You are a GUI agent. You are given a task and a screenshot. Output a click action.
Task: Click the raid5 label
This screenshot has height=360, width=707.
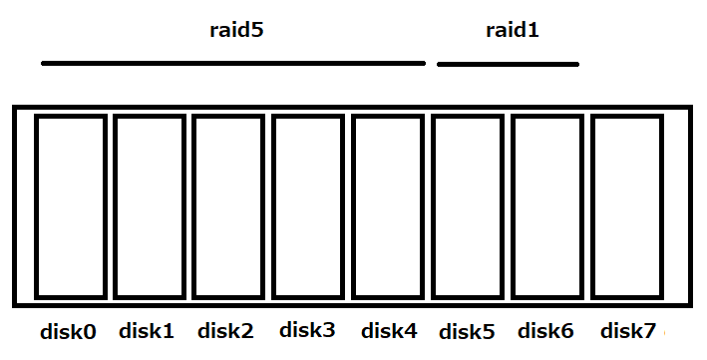[x=235, y=30]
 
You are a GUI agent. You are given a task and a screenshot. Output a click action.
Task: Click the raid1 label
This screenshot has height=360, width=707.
[x=512, y=30]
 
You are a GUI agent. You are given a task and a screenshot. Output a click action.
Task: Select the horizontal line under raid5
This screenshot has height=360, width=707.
[x=233, y=64]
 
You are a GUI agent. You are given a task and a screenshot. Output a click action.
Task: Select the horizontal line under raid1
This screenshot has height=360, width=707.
[x=508, y=65]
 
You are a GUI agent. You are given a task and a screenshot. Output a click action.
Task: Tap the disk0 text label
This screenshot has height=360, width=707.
[x=69, y=331]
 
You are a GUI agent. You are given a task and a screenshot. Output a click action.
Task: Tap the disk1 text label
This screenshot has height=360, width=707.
[x=148, y=330]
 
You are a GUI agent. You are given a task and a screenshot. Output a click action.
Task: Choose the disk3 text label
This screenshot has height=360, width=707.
[x=307, y=329]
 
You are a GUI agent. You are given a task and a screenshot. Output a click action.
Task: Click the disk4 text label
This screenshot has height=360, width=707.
[x=389, y=330]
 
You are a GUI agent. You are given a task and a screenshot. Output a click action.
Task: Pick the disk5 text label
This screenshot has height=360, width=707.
[x=467, y=331]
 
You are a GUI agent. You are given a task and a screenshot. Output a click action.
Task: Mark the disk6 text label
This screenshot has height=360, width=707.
[x=546, y=330]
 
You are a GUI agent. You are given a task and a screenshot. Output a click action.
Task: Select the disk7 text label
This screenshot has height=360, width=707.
[x=628, y=330]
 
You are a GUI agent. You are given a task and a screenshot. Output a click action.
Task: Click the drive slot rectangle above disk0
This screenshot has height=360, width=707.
[x=71, y=206]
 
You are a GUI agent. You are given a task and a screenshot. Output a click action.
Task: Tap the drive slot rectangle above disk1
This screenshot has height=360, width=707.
[x=150, y=206]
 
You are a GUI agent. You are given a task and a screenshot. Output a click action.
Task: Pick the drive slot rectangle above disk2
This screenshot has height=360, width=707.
[x=228, y=206]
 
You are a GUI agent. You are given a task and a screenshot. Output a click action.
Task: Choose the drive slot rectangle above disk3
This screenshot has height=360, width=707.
[x=308, y=206]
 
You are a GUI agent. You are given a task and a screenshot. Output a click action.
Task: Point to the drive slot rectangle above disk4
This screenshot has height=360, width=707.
[x=388, y=206]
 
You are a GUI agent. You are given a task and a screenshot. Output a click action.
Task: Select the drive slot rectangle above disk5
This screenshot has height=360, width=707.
[x=468, y=206]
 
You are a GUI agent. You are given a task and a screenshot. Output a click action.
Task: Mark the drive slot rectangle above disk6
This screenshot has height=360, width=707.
[x=547, y=206]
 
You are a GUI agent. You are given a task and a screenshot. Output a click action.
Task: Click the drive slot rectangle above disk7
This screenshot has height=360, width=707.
[x=627, y=206]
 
